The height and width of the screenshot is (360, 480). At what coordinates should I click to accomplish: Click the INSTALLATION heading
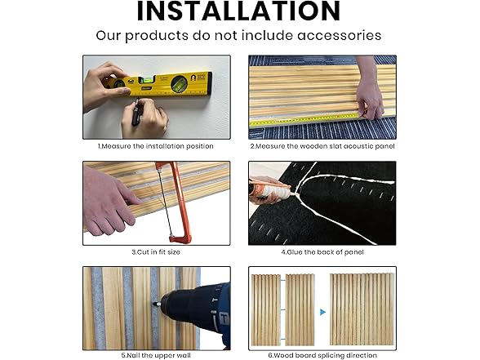[238, 11]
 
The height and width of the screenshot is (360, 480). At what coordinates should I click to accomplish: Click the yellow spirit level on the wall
[160, 85]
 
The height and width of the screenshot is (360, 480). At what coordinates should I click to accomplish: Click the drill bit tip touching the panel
[154, 304]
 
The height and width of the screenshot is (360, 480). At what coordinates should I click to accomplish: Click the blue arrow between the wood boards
[322, 312]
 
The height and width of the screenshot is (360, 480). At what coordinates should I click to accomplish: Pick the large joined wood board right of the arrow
[362, 309]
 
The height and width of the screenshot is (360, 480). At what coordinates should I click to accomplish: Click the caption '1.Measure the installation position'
[155, 146]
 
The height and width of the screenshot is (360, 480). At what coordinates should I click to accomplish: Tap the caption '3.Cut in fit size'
[156, 252]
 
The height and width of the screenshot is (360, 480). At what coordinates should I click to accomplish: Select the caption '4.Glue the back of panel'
[322, 252]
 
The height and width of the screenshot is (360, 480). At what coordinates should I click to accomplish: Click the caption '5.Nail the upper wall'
[156, 355]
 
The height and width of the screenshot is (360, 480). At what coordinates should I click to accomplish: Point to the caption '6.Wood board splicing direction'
[322, 355]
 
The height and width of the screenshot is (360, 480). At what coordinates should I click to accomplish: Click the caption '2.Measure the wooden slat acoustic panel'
[322, 146]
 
